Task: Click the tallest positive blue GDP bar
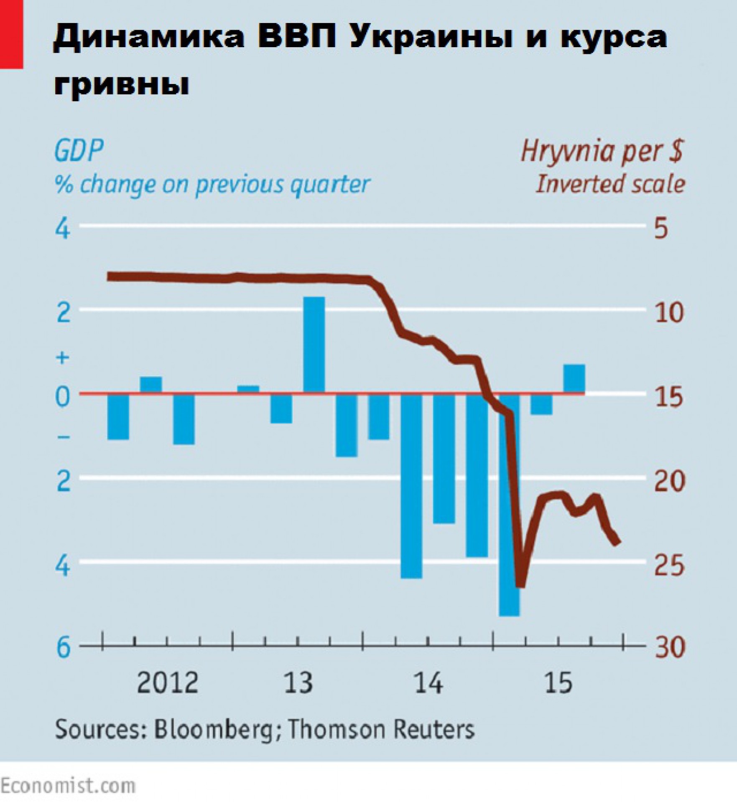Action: (x=314, y=345)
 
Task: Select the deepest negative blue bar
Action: (x=509, y=505)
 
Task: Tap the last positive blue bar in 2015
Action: (x=574, y=378)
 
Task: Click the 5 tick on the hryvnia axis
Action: (x=661, y=229)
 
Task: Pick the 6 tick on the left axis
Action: (x=63, y=648)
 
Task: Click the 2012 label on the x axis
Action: (x=167, y=683)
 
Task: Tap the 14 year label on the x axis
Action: (x=428, y=683)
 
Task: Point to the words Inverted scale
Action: (x=610, y=184)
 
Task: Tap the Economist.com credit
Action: (x=68, y=786)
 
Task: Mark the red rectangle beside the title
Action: (x=11, y=34)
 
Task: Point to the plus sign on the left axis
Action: (x=63, y=358)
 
